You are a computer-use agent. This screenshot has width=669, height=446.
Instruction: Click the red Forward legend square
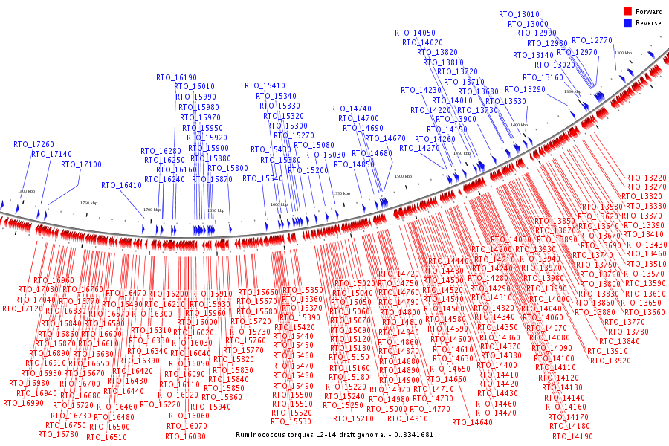(627, 12)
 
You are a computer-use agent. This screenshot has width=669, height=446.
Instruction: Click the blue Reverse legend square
(627, 23)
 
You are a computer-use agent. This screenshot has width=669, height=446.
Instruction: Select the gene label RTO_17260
(33, 144)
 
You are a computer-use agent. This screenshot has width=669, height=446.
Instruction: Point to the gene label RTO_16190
(176, 77)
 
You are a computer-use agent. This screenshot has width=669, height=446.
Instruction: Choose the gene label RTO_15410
(265, 85)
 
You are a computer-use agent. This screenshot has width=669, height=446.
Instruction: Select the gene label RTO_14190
(572, 436)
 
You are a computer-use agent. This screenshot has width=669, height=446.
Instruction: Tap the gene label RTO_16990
(23, 403)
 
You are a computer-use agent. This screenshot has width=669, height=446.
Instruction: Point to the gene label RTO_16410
(121, 185)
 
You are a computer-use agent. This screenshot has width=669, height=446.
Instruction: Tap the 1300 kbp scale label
(623, 54)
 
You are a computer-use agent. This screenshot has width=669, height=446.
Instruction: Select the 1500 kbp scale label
(403, 177)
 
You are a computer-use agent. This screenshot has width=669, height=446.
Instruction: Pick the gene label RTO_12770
(592, 40)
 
